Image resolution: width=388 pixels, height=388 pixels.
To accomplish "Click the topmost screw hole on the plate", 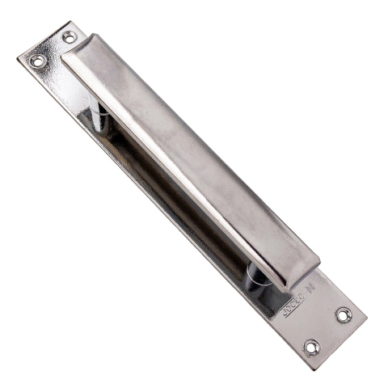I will (x=69, y=36).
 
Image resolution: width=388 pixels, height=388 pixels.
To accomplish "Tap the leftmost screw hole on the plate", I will (x=37, y=61).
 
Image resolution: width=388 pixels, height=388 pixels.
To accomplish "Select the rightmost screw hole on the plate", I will (x=344, y=315).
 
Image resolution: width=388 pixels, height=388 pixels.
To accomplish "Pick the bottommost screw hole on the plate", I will (x=312, y=347).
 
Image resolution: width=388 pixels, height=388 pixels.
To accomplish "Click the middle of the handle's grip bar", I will (x=190, y=158).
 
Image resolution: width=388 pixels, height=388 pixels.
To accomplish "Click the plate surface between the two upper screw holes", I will (x=53, y=48).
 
